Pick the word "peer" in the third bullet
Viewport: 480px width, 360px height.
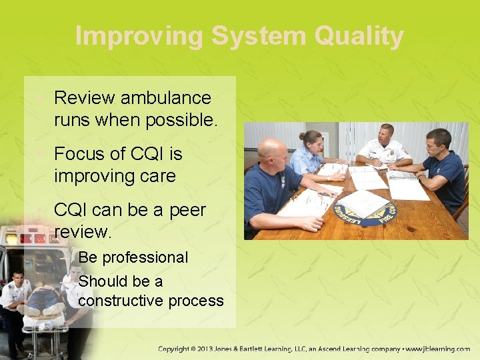click(183, 210)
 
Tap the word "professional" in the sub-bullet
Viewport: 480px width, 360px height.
click(146, 257)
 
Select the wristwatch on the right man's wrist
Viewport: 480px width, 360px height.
click(418, 177)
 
